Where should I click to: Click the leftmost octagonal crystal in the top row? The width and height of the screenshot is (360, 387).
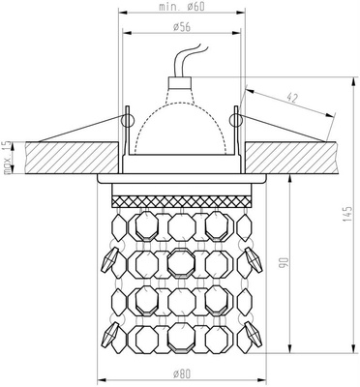[142, 225]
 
